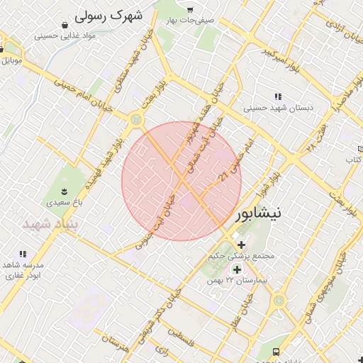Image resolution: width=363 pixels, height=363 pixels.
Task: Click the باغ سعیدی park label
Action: coord(65,202)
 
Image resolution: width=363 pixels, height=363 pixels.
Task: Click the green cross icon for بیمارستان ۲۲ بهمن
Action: coord(236,269)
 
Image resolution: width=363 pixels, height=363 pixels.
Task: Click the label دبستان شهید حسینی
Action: coord(278,108)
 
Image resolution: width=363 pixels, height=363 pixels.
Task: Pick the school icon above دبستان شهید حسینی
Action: coord(278,96)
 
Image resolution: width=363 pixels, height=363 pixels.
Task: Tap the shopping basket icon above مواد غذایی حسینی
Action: coord(65,25)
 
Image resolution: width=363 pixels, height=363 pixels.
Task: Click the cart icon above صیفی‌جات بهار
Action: coord(190,10)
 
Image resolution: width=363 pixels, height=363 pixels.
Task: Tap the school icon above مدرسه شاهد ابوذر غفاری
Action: coord(23,254)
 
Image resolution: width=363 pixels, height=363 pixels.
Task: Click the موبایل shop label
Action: coord(11,60)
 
